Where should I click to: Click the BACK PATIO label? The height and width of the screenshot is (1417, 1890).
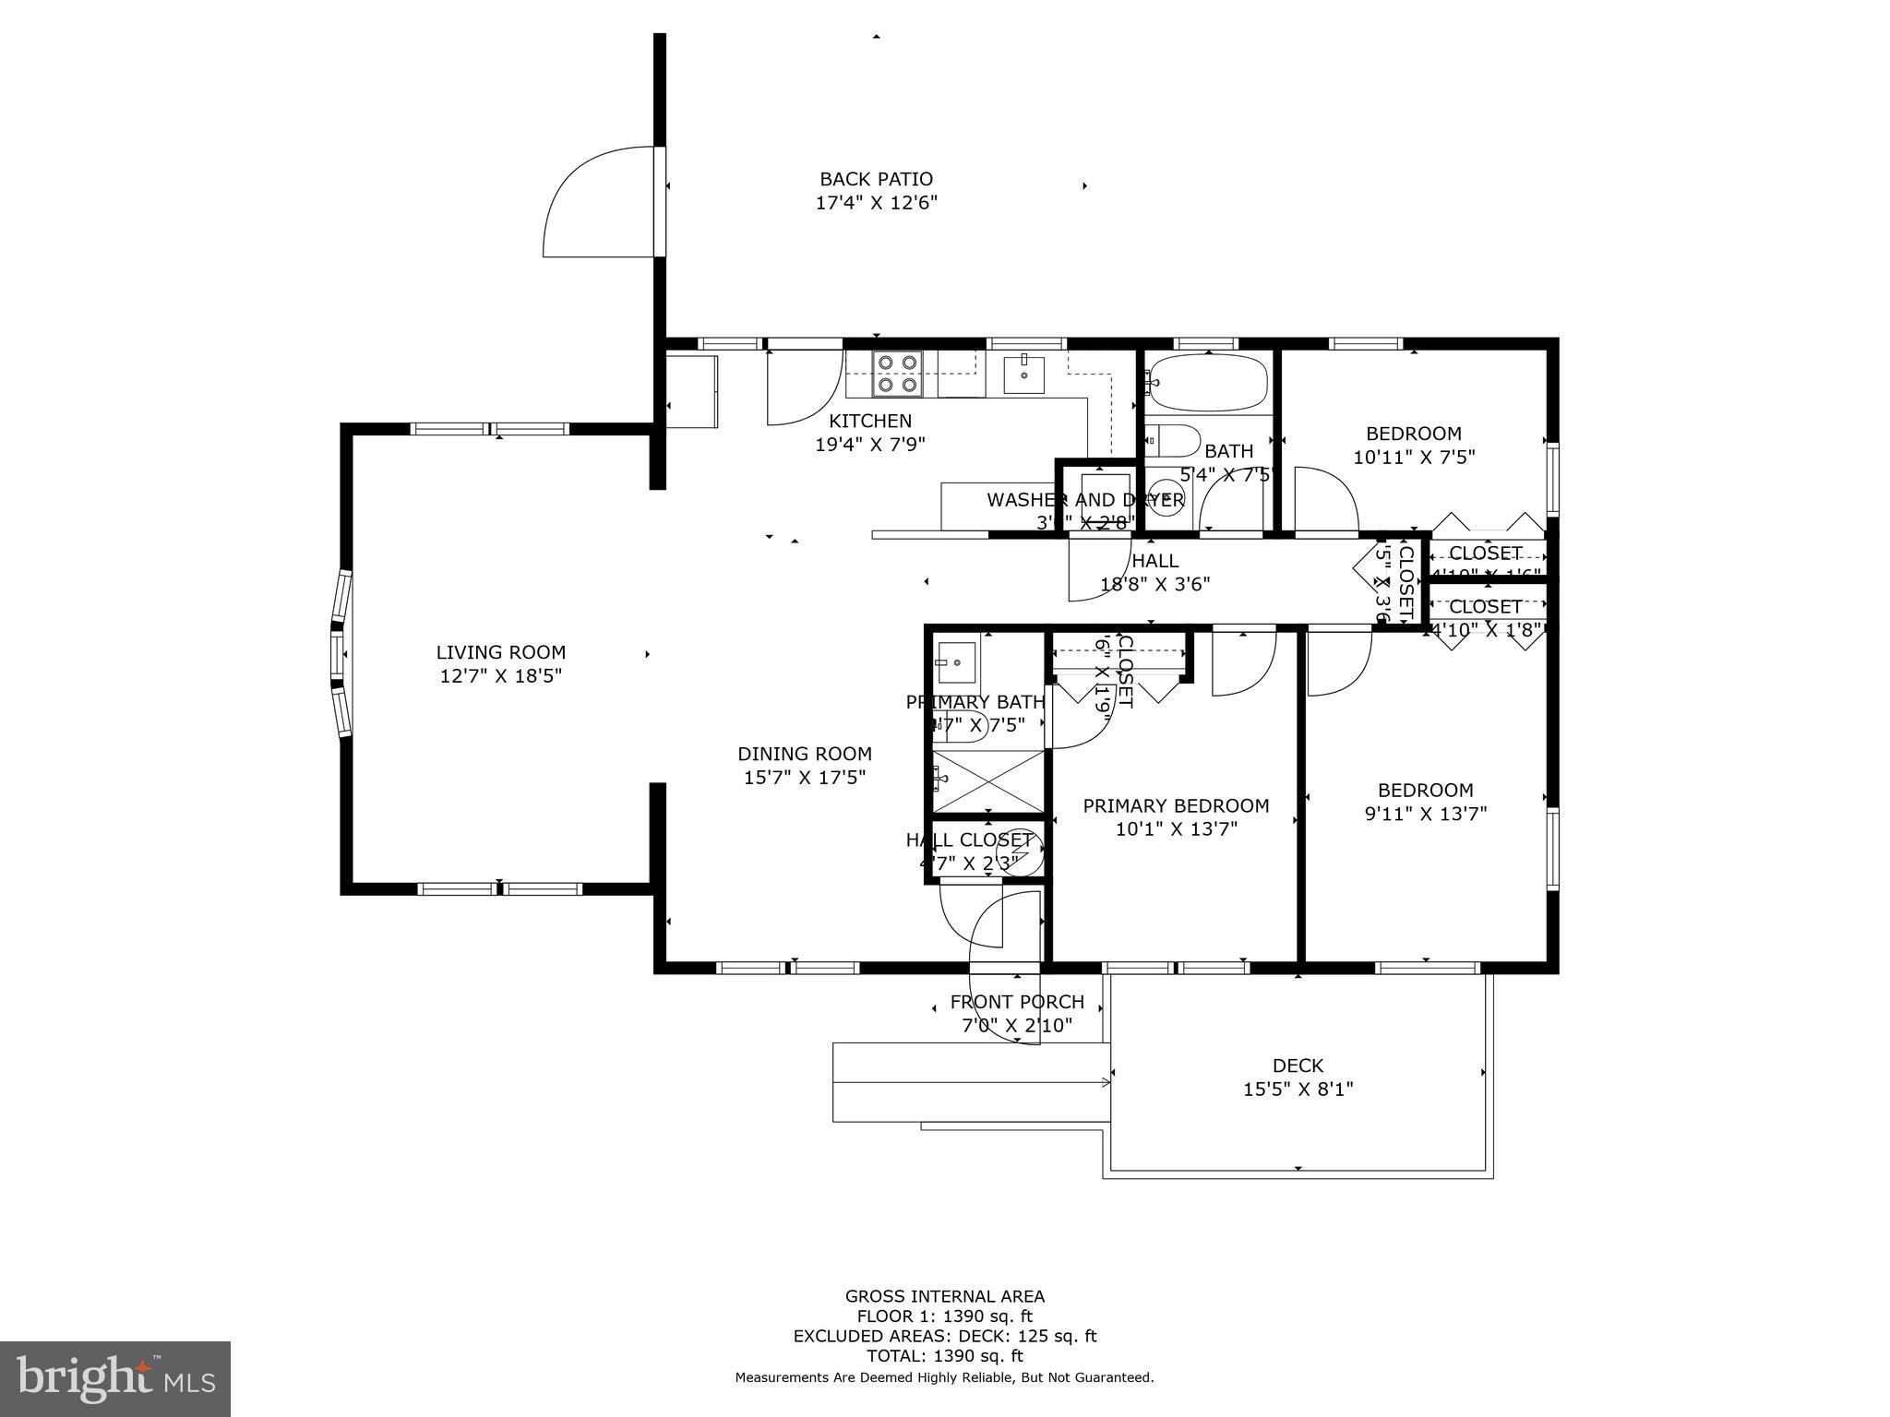point(876,179)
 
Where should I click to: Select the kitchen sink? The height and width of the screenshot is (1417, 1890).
point(1023,375)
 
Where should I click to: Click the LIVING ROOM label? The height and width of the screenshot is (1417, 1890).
point(500,652)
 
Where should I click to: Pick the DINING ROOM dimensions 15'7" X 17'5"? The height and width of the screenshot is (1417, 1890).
point(804,778)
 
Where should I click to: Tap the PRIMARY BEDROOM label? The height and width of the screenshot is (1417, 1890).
point(1175,805)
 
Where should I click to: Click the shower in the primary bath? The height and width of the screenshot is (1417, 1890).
point(988,782)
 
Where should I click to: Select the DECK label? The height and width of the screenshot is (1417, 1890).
point(1297,1066)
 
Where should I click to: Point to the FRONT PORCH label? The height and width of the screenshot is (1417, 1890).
point(1016,1002)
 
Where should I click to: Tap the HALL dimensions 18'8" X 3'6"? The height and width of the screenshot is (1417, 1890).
point(1154,584)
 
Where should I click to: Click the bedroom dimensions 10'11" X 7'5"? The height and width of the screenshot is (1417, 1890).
point(1413,457)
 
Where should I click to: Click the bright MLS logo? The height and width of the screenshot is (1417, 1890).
point(114,1378)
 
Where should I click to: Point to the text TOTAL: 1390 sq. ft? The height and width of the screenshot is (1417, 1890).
point(944,1356)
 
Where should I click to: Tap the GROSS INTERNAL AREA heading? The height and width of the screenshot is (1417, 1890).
point(944,1296)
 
